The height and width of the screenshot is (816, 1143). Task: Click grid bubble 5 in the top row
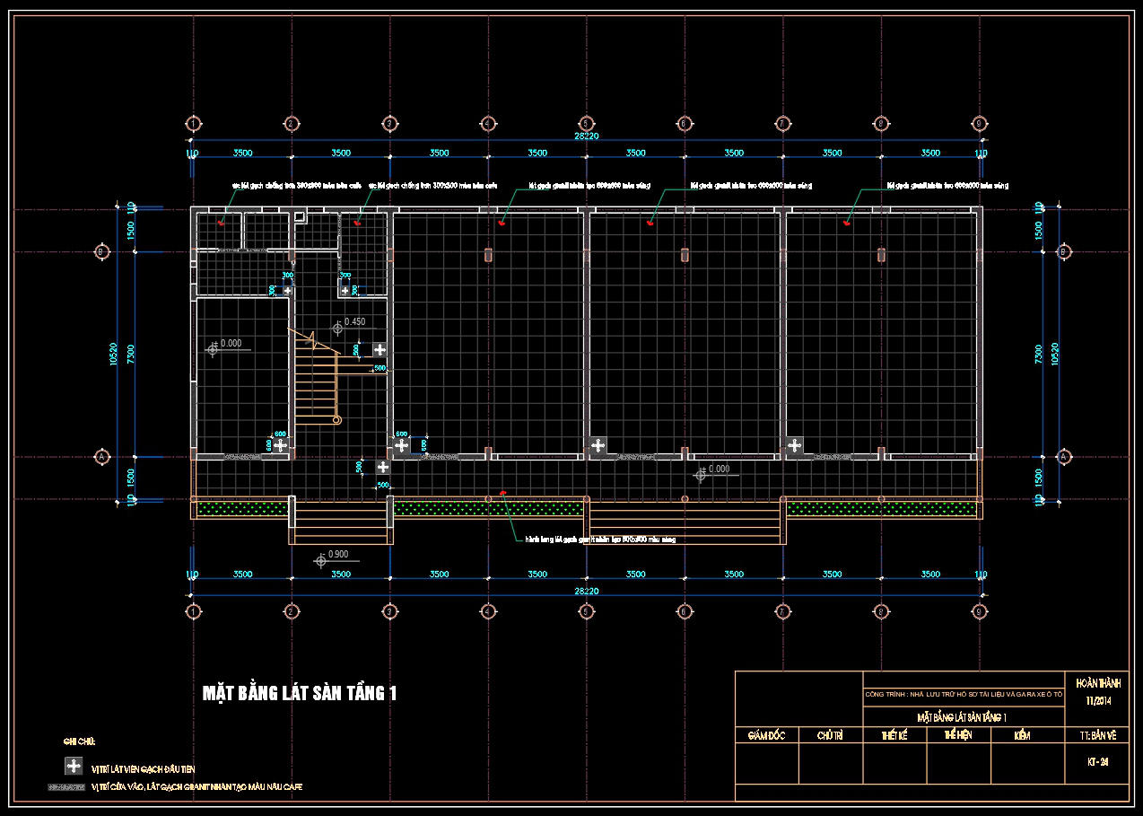[586, 124]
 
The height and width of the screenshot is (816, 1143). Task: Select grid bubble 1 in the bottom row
[193, 611]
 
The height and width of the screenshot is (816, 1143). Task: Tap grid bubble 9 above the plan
[979, 124]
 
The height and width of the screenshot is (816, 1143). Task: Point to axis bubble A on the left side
[101, 457]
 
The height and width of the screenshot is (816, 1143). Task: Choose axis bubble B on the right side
[1064, 252]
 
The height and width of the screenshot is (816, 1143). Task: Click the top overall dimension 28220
[586, 136]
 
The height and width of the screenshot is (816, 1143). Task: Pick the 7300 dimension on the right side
[1038, 354]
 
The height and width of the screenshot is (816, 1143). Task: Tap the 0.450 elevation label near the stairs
[354, 321]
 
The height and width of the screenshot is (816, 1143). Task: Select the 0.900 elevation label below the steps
[338, 555]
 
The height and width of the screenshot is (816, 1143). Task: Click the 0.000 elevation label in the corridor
[719, 469]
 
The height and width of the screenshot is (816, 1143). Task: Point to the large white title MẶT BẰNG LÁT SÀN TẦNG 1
[299, 693]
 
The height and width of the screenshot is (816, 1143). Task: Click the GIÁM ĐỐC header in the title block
[766, 735]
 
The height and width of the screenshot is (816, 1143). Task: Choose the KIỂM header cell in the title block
[1021, 735]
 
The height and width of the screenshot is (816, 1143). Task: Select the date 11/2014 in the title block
[1098, 700]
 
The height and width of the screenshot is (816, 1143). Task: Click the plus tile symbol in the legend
[74, 766]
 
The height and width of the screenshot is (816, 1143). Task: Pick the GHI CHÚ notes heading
[79, 741]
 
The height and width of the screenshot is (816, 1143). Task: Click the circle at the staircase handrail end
[336, 419]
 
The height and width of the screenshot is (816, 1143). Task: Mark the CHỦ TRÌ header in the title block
[830, 735]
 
